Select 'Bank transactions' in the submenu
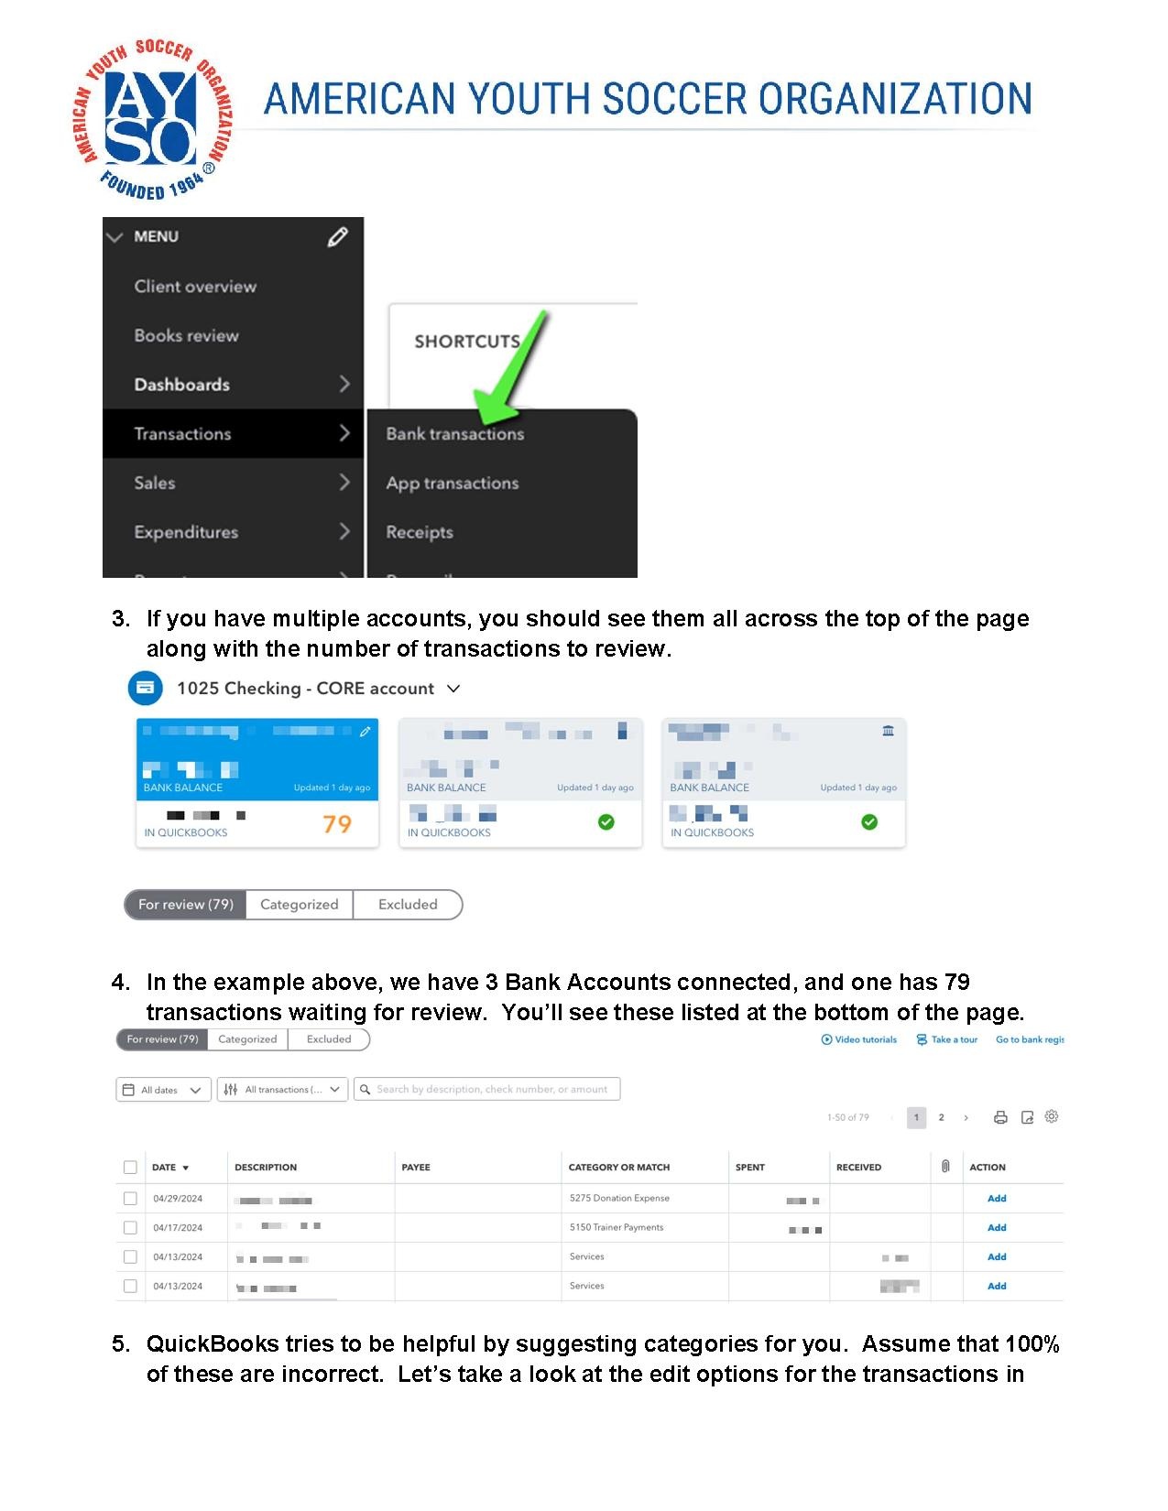(454, 434)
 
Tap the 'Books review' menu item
(186, 335)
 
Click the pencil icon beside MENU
(337, 237)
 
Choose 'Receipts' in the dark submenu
(420, 532)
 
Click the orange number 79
(337, 824)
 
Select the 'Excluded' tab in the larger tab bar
(408, 905)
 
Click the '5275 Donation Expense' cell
(619, 1198)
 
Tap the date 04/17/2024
(178, 1227)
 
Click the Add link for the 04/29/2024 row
(997, 1198)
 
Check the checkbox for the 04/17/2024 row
(130, 1227)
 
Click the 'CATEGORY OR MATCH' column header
(619, 1168)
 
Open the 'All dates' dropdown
(163, 1090)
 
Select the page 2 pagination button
(941, 1117)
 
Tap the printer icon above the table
(1000, 1117)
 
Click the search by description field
(491, 1090)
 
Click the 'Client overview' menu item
(195, 287)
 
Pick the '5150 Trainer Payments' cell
(617, 1227)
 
